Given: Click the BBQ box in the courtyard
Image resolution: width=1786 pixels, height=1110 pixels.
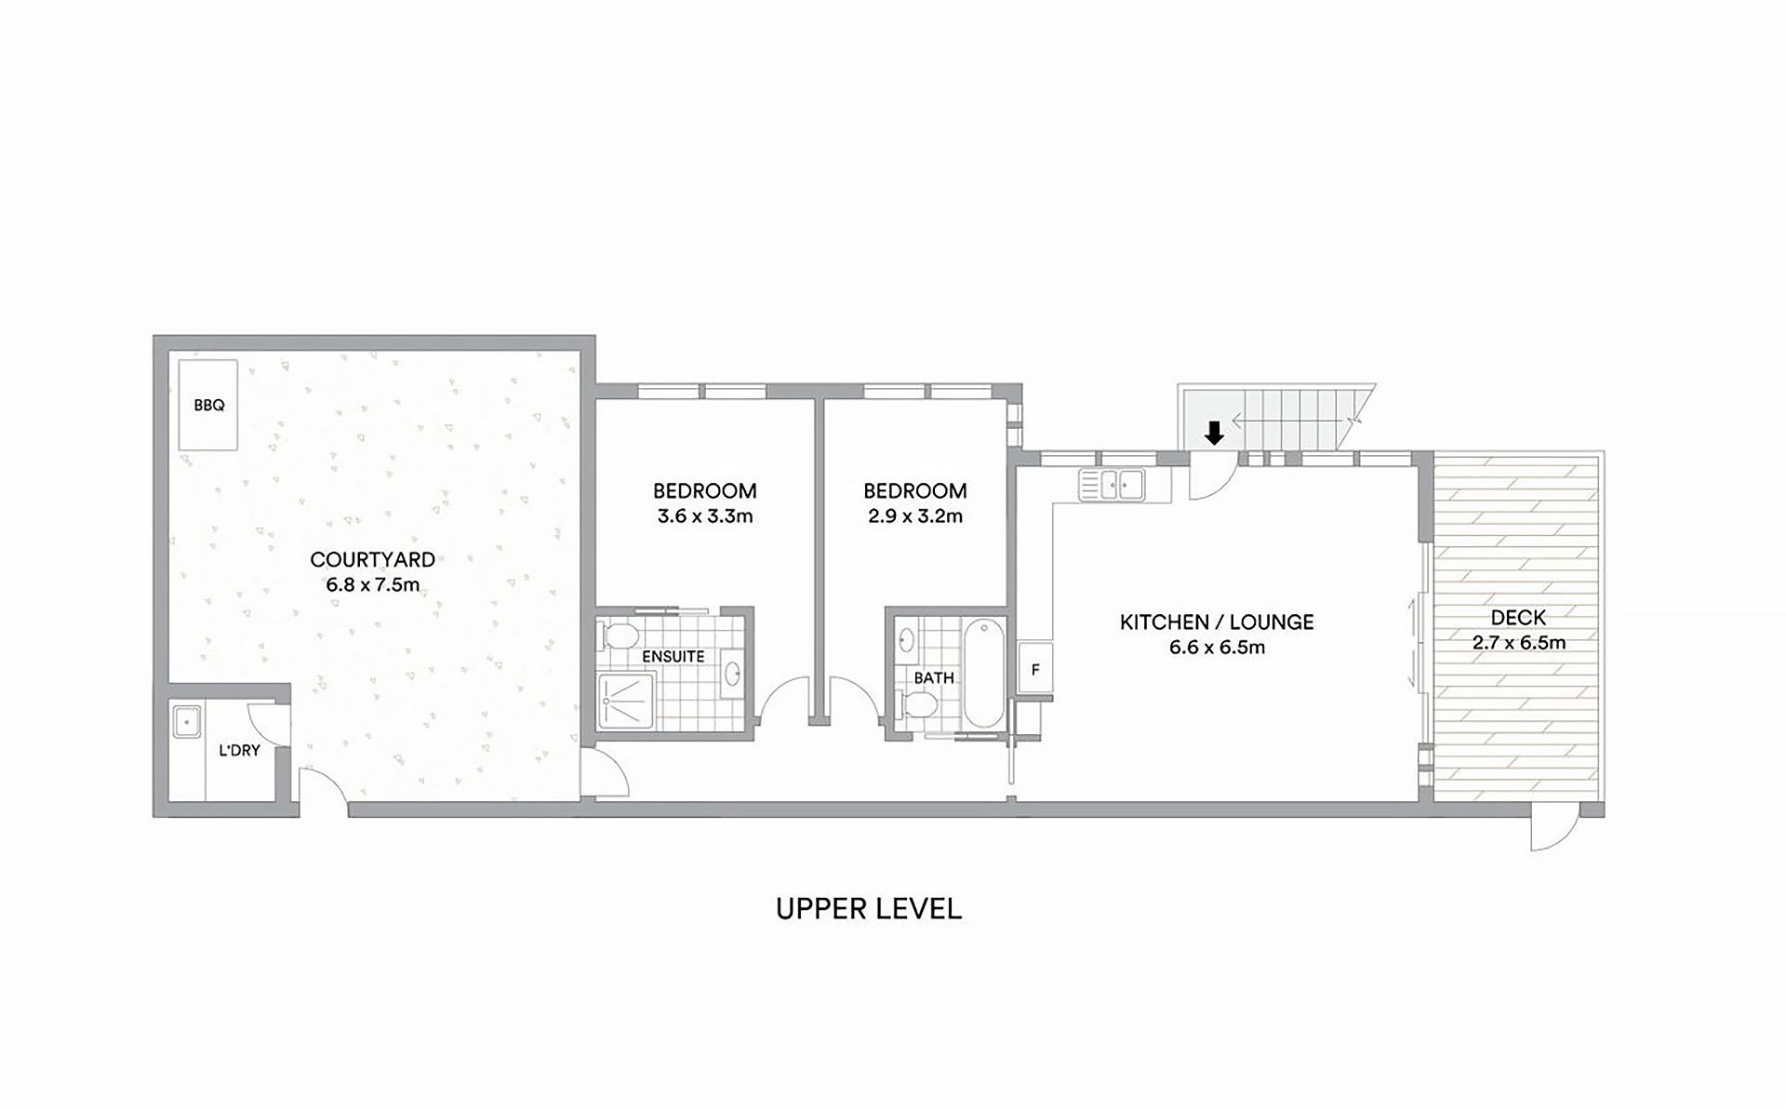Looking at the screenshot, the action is coord(208,406).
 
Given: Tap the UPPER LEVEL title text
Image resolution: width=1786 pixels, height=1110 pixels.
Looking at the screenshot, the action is coord(868,909).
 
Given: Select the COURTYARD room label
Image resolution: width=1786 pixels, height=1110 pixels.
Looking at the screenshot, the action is coord(372,559).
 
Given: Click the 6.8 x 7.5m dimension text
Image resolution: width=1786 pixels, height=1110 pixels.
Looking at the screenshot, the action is coord(372,584).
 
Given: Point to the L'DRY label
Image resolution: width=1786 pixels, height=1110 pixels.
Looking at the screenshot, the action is coord(239,750).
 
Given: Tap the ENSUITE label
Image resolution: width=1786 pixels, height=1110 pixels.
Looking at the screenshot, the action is coord(673,656).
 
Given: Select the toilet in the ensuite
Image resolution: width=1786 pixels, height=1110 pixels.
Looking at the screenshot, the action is coord(620,636).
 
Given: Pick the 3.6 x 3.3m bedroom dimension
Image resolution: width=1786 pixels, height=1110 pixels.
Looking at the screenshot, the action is coord(704,515).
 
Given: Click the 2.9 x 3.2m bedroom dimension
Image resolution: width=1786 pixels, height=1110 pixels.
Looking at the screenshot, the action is coord(914,515).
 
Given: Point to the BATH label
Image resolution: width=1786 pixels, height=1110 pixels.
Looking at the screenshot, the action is coord(933,678).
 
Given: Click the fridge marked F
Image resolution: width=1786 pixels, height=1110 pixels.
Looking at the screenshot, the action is coord(1035,669).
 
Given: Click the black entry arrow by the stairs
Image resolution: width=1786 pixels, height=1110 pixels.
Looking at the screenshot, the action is coord(1213,433).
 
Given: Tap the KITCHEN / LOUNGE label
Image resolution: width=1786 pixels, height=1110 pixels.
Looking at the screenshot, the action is coord(1217,622).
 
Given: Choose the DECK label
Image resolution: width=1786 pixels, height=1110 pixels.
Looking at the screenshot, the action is coord(1518,617).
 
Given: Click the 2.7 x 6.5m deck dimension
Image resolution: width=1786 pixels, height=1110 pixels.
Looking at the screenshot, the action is coord(1519,642).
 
